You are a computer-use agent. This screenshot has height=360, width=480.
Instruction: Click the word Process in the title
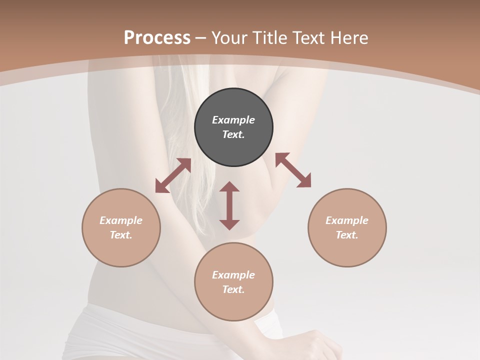click(157, 38)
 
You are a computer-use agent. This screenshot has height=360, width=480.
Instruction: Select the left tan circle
click(121, 250)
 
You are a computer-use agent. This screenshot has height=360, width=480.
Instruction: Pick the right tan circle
click(347, 250)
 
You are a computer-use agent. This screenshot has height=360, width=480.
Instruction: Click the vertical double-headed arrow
click(229, 205)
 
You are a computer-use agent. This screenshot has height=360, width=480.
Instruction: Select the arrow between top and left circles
click(173, 175)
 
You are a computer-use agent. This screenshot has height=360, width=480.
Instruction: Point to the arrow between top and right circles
click(293, 170)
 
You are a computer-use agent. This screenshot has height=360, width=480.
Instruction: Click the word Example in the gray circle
click(233, 120)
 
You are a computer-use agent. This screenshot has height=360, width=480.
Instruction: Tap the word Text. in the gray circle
click(233, 134)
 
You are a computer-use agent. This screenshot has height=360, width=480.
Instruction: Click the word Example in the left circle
click(121, 220)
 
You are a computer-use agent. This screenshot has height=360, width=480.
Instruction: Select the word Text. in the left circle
click(121, 235)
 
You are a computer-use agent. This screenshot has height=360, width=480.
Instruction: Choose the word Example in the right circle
click(347, 220)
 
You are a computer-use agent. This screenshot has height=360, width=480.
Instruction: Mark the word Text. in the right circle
click(347, 235)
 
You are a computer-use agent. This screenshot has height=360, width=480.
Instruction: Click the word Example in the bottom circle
click(233, 275)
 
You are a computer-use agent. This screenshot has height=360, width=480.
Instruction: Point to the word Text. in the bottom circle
click(233, 289)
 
